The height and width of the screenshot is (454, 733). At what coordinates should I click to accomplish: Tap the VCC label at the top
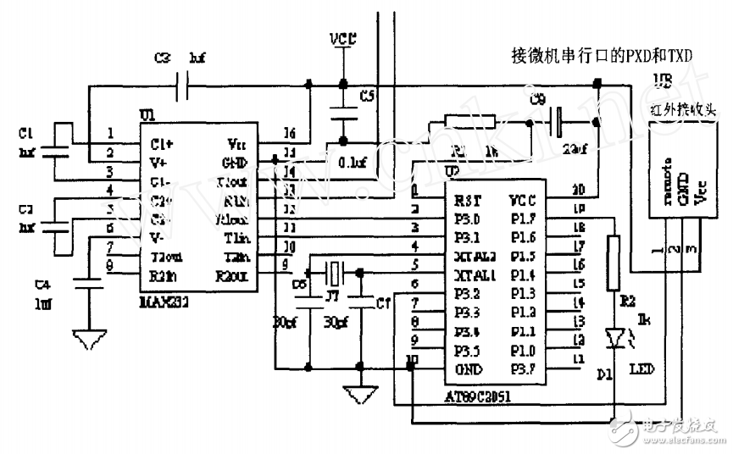(x=343, y=41)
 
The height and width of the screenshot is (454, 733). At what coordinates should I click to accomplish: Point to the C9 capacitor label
(x=536, y=99)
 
